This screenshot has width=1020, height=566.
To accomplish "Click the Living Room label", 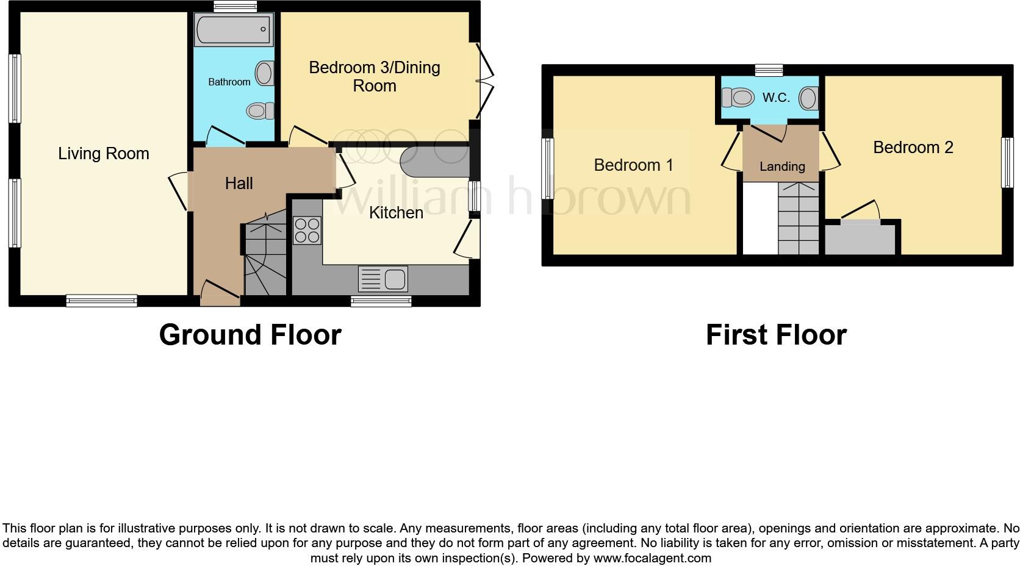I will pyautogui.click(x=104, y=154).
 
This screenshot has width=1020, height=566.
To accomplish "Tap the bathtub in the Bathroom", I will pyautogui.click(x=233, y=30).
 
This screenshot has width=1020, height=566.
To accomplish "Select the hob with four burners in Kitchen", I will pyautogui.click(x=307, y=231).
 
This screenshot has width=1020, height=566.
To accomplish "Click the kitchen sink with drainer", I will pyautogui.click(x=383, y=279).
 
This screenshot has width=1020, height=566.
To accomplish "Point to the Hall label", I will pyautogui.click(x=239, y=183).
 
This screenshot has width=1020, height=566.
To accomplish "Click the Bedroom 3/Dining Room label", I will pyautogui.click(x=375, y=76).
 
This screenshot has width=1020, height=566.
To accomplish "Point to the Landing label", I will pyautogui.click(x=782, y=166).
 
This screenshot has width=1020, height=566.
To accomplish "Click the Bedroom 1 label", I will pyautogui.click(x=633, y=165).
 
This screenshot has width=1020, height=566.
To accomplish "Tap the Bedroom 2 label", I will pyautogui.click(x=913, y=147).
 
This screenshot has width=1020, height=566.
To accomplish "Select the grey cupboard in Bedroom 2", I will pyautogui.click(x=860, y=239).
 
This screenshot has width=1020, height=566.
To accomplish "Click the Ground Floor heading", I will pyautogui.click(x=250, y=335).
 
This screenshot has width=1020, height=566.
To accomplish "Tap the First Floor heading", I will pyautogui.click(x=776, y=335).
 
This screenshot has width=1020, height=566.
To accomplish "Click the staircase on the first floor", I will pyautogui.click(x=798, y=218).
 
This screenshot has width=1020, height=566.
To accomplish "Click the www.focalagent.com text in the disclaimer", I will pyautogui.click(x=652, y=558).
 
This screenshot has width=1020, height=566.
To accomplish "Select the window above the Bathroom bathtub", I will pyautogui.click(x=235, y=7).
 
